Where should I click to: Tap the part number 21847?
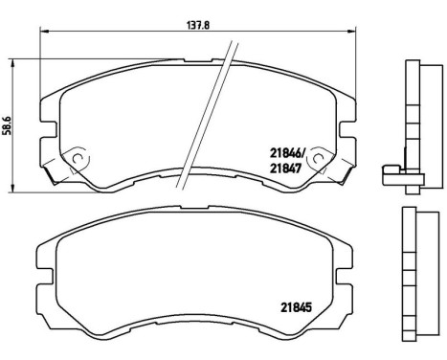coord(289,166)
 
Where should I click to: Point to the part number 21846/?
coord(291,150)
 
